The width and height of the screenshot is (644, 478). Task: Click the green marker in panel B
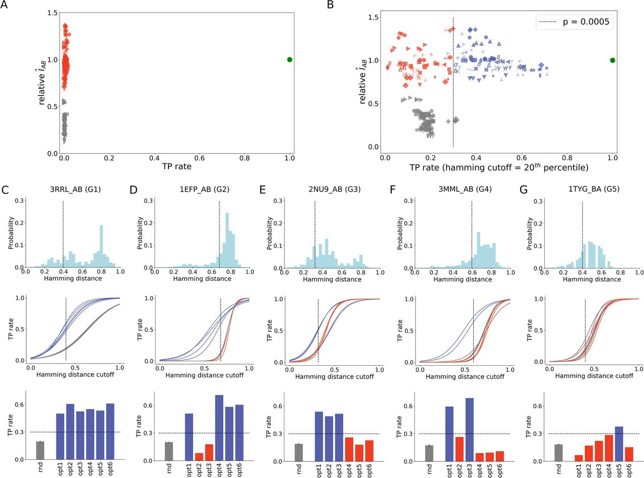(x=612, y=60)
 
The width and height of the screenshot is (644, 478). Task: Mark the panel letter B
(x=329, y=6)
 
